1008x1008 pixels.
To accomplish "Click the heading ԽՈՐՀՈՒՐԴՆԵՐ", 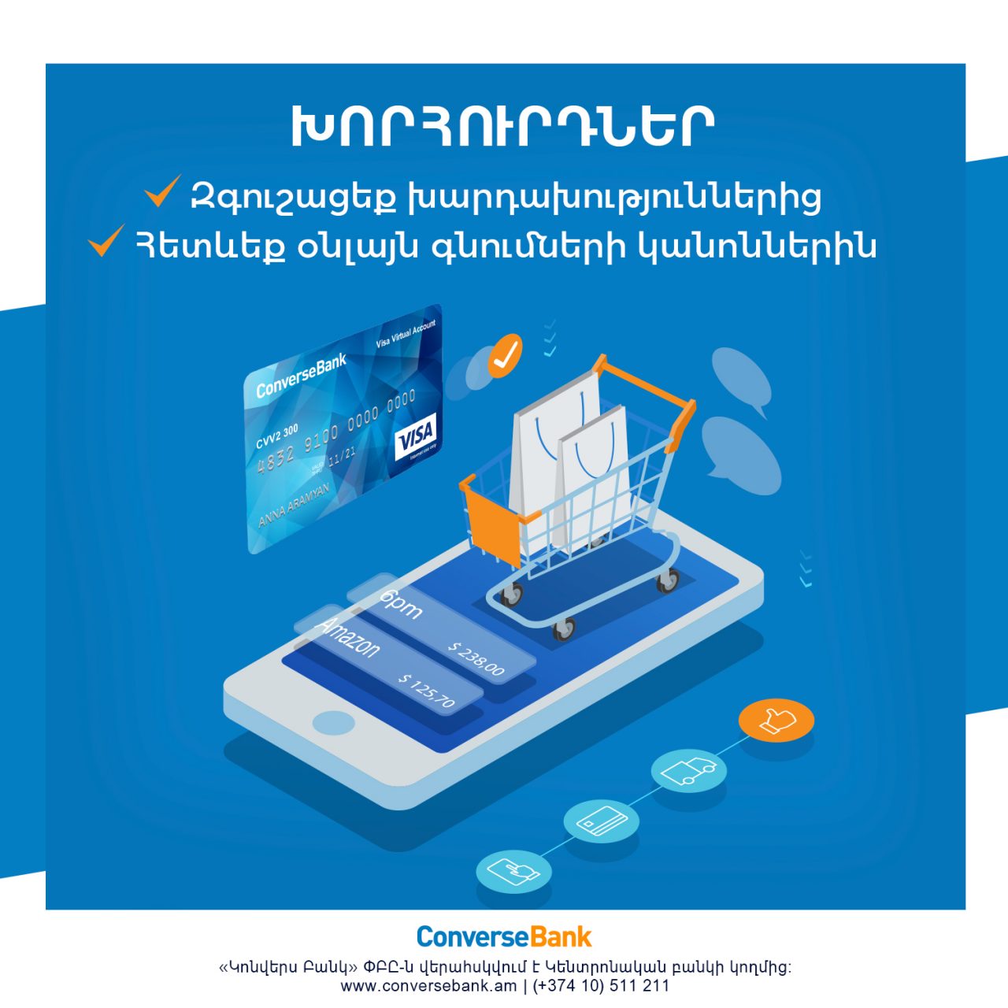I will (503, 126).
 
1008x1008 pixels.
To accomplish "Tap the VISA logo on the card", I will (415, 435).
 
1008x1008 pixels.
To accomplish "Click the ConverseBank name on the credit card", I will (301, 376).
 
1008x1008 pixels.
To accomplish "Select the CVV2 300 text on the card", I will (276, 435).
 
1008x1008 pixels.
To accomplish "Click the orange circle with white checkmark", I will (505, 356).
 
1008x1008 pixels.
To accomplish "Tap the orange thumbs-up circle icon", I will (776, 720).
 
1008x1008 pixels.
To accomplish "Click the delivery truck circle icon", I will (689, 769).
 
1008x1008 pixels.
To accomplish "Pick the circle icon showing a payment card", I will (602, 821).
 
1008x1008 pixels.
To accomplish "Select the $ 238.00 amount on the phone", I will (476, 658).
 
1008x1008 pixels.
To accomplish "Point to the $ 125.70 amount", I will (428, 690).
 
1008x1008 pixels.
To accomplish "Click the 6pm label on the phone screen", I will (402, 604).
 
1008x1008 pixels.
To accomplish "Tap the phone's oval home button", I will (334, 722).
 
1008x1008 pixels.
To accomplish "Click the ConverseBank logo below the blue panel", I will (504, 936).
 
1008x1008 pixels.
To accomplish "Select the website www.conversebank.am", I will (428, 985).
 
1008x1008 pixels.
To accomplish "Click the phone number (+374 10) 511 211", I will (601, 985).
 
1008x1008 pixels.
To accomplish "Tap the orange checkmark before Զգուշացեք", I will (163, 191).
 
